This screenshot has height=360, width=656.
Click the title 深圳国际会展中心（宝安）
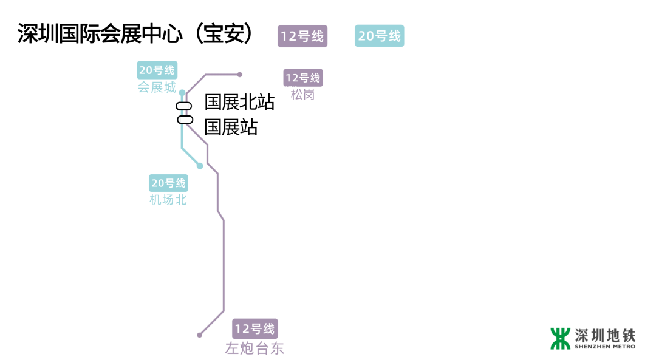point(135,35)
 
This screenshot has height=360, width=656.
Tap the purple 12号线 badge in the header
point(302,36)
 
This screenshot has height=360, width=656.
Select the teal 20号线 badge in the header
point(380,36)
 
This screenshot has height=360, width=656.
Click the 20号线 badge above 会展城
point(157,70)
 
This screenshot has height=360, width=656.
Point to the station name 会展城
point(157,87)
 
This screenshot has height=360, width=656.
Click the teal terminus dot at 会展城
point(182,93)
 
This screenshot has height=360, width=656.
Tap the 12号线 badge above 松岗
point(303,78)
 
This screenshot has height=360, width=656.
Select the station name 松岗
point(302,95)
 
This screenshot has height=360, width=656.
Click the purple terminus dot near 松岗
point(240,75)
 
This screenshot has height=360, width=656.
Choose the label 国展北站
point(239,102)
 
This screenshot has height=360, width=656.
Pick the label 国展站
point(231,127)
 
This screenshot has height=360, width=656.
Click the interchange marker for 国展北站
point(184,107)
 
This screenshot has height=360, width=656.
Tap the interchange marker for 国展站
point(185,119)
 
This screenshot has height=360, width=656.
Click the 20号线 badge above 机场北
point(169,183)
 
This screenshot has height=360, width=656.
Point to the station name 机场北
point(168,200)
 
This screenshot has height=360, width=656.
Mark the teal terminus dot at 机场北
point(200,166)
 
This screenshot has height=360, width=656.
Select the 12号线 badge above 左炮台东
point(255,329)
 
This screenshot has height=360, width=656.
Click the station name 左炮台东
point(255,348)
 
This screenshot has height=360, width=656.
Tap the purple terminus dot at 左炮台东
point(199,335)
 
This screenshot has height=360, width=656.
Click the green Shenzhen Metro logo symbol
point(561,338)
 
